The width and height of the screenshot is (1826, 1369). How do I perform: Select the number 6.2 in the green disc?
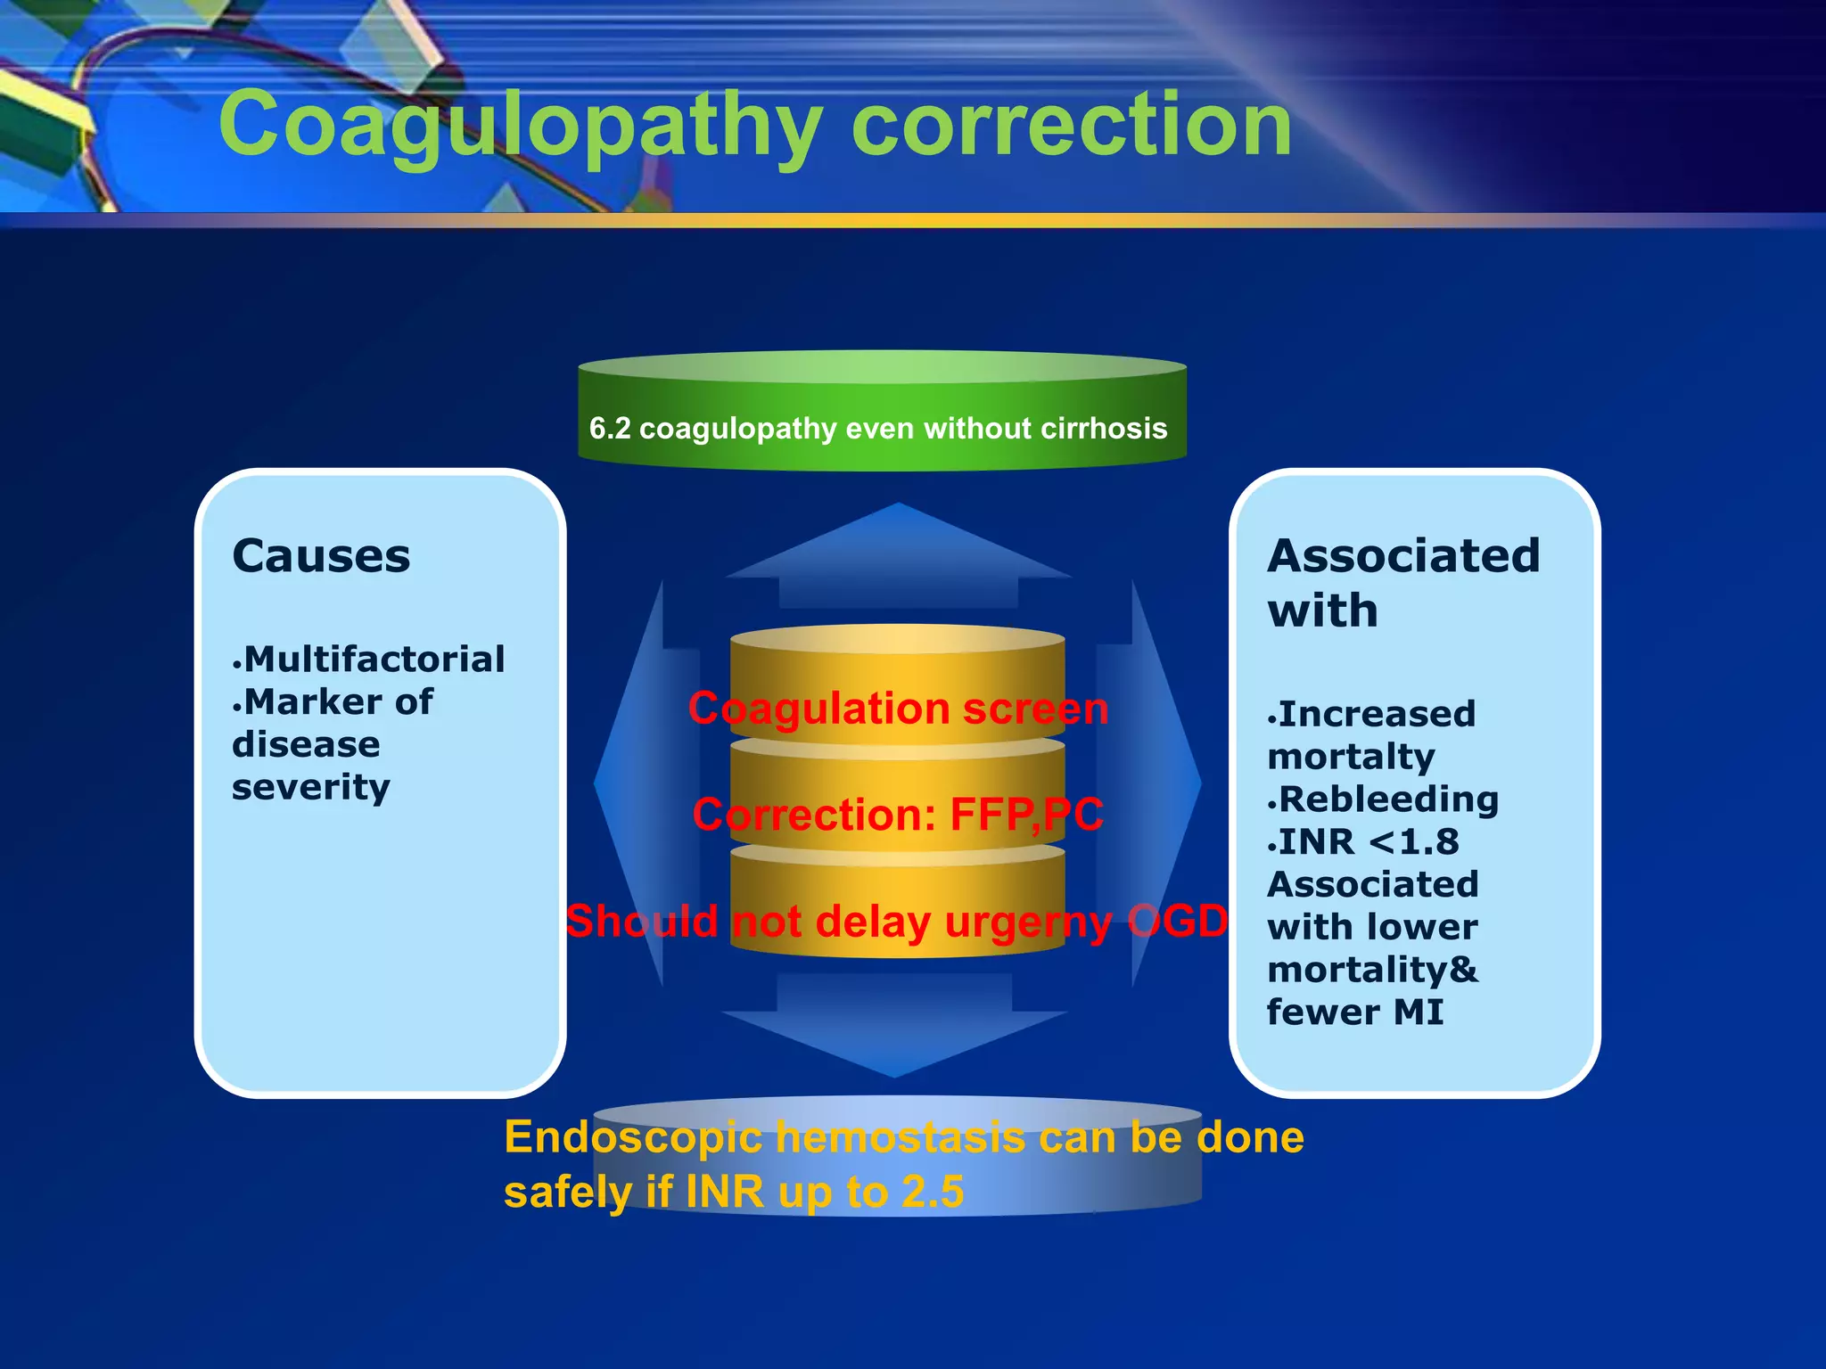tap(610, 429)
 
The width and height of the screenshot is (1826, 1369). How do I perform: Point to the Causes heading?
tap(321, 556)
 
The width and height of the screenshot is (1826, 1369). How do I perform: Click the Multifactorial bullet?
tap(374, 660)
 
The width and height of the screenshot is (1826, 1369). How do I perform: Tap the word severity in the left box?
tap(310, 787)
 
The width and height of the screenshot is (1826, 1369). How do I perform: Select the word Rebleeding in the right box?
tap(1388, 799)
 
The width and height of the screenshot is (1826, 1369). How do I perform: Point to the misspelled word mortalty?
tap(1351, 757)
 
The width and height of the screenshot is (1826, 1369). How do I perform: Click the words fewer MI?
tap(1354, 1012)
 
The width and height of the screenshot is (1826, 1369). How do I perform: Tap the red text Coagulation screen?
tap(898, 709)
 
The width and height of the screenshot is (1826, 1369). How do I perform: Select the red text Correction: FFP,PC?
tap(898, 815)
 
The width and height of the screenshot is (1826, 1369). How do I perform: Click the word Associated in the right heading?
tap(1403, 556)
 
